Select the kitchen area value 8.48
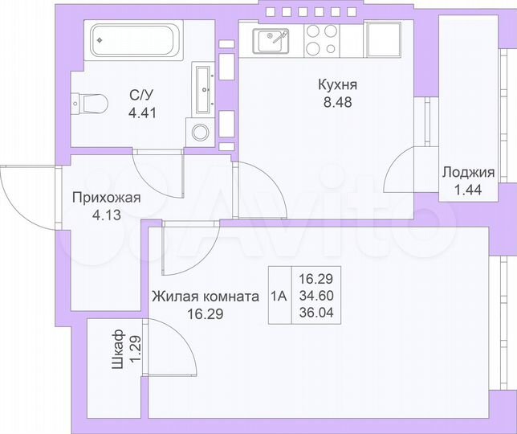(336, 102)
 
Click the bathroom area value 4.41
(142, 112)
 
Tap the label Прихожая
(106, 199)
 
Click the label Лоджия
(467, 172)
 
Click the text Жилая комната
(205, 297)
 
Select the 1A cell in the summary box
(279, 295)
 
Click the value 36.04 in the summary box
(315, 313)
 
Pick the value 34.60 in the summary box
(315, 296)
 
